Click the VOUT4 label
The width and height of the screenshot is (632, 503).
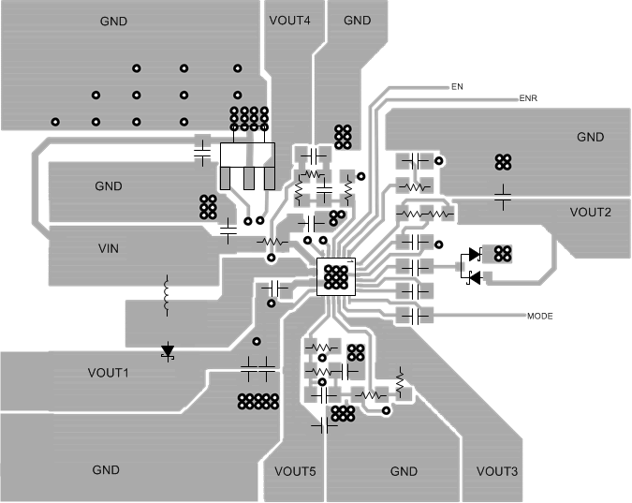pos(289,21)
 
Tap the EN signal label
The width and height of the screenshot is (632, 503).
pos(457,86)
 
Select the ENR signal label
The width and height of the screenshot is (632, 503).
pos(528,97)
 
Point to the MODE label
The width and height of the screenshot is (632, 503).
pos(540,317)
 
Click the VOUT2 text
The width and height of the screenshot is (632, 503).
pos(590,212)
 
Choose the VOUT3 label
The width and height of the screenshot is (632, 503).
pos(496,470)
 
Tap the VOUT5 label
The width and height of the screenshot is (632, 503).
pos(294,470)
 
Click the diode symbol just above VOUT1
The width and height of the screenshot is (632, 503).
pos(169,351)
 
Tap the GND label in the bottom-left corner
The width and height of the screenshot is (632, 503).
pos(106,469)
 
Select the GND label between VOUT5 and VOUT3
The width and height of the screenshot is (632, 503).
pos(404,470)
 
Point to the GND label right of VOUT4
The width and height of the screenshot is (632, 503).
pos(357,21)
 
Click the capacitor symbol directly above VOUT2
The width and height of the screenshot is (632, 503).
pos(503,195)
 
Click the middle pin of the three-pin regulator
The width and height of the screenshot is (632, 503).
pos(249,178)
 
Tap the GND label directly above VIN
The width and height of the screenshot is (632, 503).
pos(109,186)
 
